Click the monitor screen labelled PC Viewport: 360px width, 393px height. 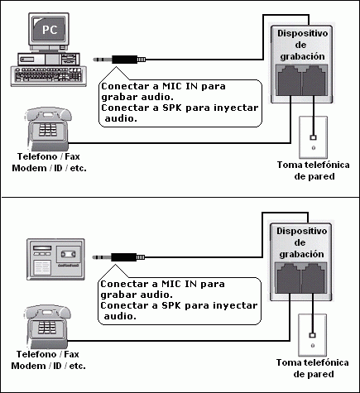point(49,29)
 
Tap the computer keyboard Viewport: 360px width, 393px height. point(49,76)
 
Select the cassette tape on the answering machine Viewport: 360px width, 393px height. point(68,254)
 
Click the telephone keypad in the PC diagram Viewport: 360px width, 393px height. point(48,130)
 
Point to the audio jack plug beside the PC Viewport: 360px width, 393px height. point(119,60)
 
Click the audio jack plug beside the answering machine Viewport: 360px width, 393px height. point(118,257)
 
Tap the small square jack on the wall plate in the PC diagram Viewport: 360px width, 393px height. point(313,137)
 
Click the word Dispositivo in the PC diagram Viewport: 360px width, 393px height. point(302,33)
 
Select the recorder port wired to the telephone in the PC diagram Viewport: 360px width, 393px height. point(290,81)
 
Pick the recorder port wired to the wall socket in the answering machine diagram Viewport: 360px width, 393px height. point(314,279)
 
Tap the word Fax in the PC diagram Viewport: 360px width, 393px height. point(72,156)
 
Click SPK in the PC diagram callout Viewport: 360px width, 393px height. point(172,108)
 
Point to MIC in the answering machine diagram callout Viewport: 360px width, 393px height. point(171,284)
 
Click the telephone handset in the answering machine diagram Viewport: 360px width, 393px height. point(47,311)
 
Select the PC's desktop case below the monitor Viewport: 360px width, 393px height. point(49,59)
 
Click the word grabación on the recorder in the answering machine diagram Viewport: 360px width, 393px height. point(301,254)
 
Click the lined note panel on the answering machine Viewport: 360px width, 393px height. point(42,267)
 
